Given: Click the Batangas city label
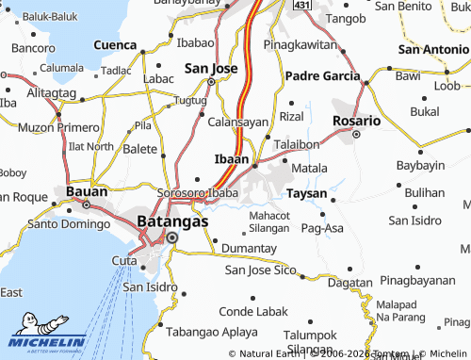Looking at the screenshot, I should [x=172, y=221].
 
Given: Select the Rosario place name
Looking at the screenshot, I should [x=357, y=121].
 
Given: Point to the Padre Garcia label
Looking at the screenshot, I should [x=323, y=75].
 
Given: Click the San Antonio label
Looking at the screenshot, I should [x=432, y=49].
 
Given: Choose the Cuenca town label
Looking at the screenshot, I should [x=115, y=44].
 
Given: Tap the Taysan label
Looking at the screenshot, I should [x=307, y=193].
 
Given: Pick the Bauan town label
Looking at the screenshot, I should [x=86, y=191].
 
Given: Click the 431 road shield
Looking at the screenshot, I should [x=301, y=5].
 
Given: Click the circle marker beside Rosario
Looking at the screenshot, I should [x=356, y=135].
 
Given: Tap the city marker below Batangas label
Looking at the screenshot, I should [x=172, y=237].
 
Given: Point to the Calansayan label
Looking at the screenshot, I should [x=238, y=122].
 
